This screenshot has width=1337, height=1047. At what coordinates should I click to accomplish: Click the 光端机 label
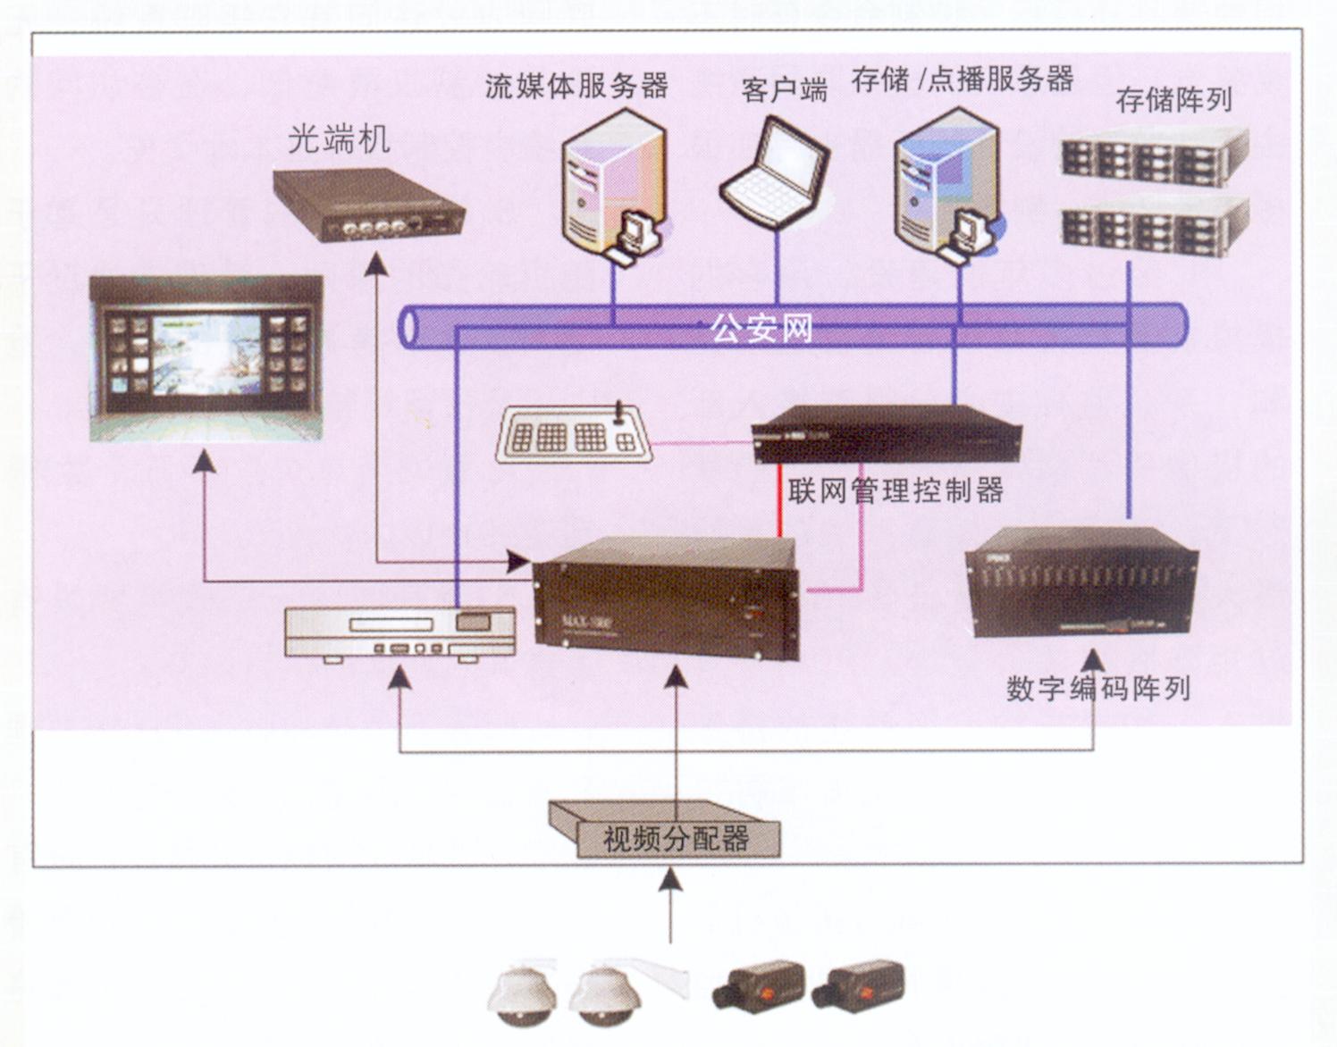(339, 140)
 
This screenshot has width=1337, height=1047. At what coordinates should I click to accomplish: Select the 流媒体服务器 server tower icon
(614, 179)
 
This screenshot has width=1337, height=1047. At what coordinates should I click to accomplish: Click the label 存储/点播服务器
(963, 80)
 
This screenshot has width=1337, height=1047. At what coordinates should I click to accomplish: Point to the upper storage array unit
(1155, 156)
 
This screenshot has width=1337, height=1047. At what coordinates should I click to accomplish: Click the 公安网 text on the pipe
(761, 329)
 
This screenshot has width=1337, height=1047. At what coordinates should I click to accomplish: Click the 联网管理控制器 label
(896, 490)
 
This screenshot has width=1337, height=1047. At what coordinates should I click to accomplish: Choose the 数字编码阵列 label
(1097, 688)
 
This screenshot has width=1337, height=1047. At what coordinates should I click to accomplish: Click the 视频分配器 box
(677, 837)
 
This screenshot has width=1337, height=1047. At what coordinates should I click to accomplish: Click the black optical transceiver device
(370, 206)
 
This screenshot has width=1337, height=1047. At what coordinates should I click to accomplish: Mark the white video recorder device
(400, 632)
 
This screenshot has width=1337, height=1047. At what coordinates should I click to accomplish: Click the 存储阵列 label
(1173, 100)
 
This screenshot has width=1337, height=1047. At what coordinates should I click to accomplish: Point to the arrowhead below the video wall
(206, 461)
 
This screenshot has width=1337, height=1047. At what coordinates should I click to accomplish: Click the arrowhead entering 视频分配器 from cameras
(670, 880)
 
